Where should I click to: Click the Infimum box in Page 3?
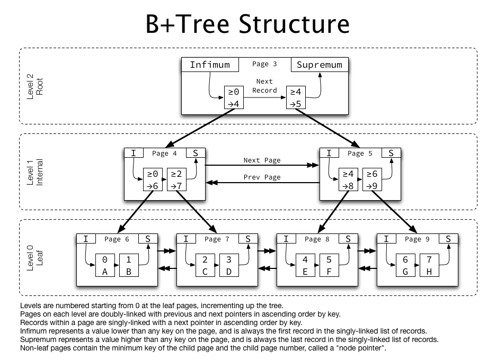[210, 65]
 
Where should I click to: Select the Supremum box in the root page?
[319, 65]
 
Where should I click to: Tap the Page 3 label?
[264, 64]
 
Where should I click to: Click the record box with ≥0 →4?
[234, 98]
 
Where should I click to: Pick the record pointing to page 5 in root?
[296, 98]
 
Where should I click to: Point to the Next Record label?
[264, 86]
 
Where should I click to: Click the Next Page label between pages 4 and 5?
[262, 160]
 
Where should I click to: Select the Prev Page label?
[262, 177]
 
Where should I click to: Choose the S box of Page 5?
[391, 153]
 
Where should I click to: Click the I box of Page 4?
[134, 153]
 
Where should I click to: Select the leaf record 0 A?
[105, 266]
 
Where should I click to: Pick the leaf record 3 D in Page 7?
[228, 266]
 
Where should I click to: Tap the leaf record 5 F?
[329, 266]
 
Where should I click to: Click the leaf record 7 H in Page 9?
[429, 266]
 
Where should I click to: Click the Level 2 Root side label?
[36, 86]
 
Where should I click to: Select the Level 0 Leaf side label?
[36, 257]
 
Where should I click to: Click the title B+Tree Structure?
[247, 24]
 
